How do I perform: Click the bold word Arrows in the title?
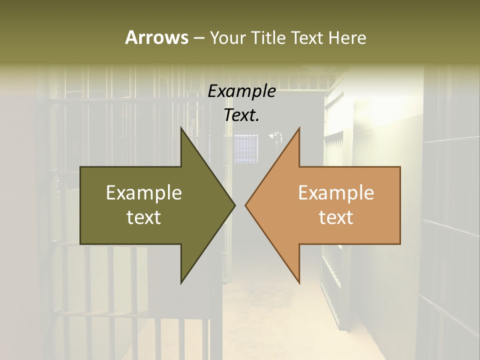click(x=156, y=37)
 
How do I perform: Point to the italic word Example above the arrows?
click(x=241, y=91)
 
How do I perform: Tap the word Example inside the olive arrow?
click(x=144, y=192)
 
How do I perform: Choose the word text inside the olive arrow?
click(x=144, y=217)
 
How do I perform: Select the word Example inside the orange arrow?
click(x=336, y=192)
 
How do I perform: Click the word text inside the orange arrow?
click(x=336, y=217)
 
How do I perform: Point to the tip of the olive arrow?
click(x=235, y=205)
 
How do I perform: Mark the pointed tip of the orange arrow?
click(x=245, y=205)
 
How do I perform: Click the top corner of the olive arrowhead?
click(x=181, y=128)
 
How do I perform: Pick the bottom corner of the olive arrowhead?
click(x=181, y=283)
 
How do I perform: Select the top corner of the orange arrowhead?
click(x=299, y=128)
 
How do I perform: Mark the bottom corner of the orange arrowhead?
click(x=299, y=283)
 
